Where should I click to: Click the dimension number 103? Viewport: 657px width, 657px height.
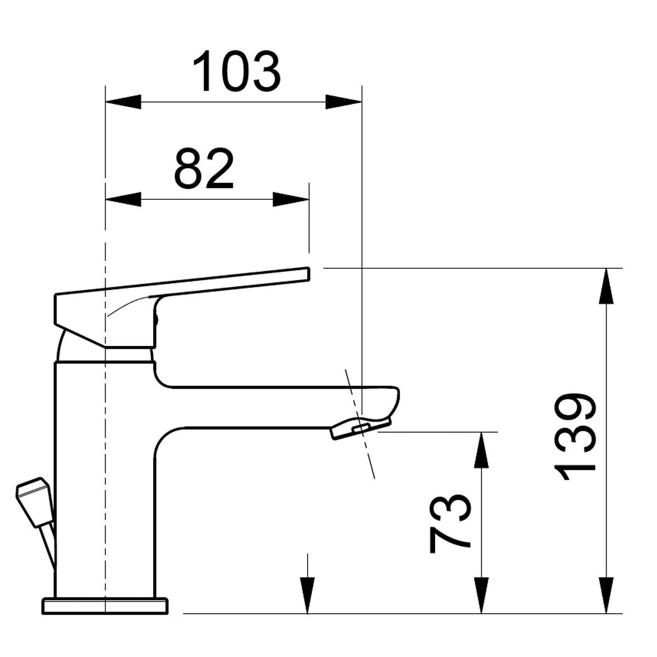tap(237, 71)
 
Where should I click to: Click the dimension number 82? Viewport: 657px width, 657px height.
tap(204, 169)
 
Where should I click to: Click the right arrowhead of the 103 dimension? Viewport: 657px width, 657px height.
tap(344, 102)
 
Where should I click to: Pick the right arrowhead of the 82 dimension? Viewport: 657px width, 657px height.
tap(291, 199)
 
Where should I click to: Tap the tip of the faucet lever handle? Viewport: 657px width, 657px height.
tap(306, 273)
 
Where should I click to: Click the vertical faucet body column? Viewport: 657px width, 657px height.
tap(104, 476)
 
